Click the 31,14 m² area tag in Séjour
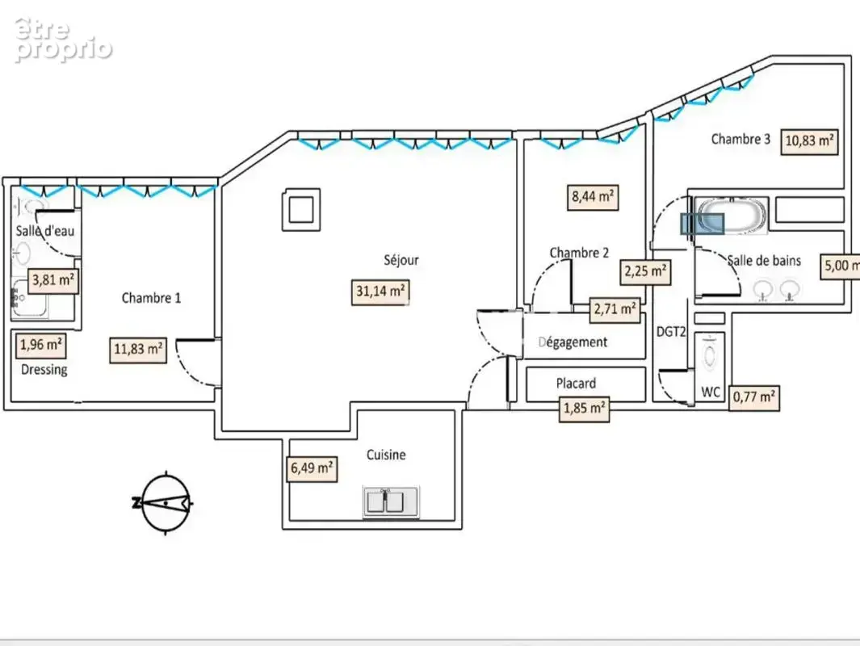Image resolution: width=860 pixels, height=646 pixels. tap(380, 292)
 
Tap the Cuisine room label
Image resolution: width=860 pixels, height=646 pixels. tap(386, 455)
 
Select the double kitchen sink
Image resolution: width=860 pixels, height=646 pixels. tap(391, 501)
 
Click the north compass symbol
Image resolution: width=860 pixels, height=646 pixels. tap(165, 502)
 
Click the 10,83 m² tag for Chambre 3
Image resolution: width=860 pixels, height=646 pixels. tap(810, 141)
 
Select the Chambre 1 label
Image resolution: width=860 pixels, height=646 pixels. tap(151, 298)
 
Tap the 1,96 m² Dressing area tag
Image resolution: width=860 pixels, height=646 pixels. tap(40, 346)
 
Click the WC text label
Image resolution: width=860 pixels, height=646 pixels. tap(711, 392)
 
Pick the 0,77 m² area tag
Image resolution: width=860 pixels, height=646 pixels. tap(754, 397)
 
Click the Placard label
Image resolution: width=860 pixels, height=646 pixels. tap(576, 384)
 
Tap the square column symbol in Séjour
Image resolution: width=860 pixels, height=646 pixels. tap(301, 209)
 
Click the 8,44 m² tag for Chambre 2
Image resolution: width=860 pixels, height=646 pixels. tap(593, 197)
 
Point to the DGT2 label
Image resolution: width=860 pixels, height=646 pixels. tap(671, 332)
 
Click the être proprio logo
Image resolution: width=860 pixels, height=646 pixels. tap(63, 40)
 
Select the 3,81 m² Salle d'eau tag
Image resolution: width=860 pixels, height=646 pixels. tap(52, 281)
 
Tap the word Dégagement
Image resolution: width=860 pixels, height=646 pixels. tap(573, 342)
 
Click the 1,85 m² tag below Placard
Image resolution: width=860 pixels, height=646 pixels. tap(584, 409)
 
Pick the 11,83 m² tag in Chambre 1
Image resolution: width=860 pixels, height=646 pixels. tap(137, 350)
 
